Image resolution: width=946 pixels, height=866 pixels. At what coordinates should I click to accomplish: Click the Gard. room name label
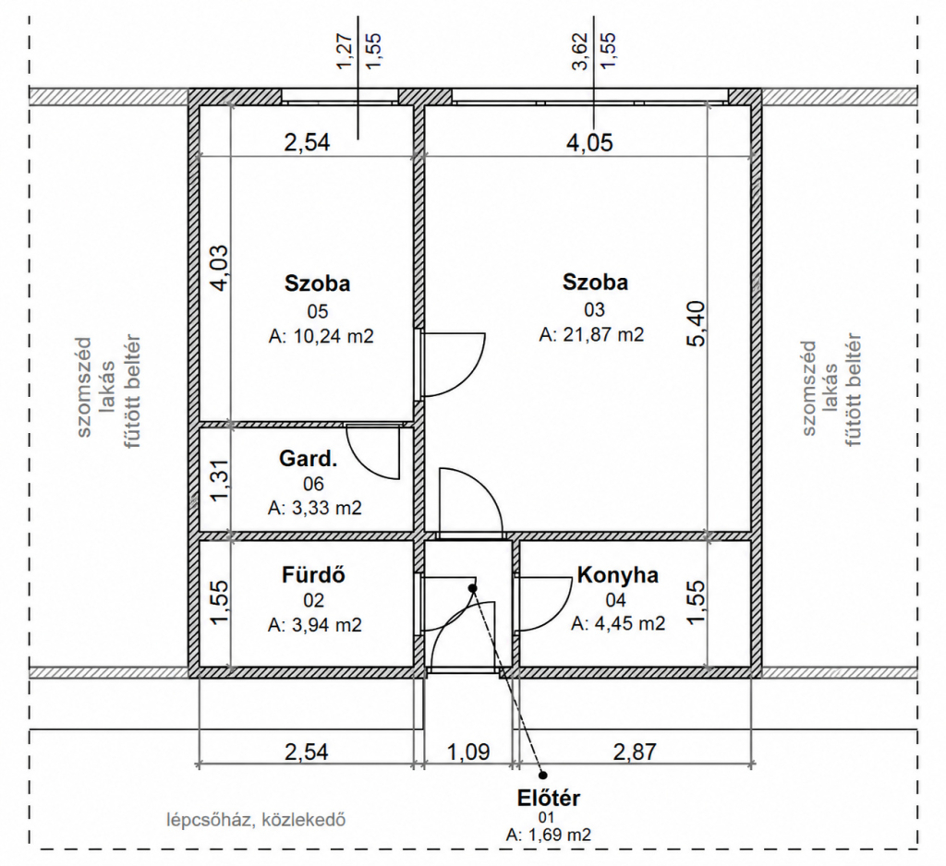click(309, 459)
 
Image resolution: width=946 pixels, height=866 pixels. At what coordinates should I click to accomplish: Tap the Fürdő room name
click(314, 575)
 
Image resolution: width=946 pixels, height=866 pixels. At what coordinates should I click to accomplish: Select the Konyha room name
click(618, 575)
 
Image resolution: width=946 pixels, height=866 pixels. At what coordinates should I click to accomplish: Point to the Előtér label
click(549, 798)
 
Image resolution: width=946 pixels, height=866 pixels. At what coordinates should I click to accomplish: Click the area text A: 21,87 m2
click(591, 334)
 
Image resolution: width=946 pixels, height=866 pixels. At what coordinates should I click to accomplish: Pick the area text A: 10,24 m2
click(321, 336)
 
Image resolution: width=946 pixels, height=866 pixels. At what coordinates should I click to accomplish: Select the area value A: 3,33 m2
click(315, 509)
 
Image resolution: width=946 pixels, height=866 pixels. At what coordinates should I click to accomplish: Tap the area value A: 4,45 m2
click(618, 623)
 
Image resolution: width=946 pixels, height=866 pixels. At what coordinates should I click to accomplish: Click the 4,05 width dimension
click(589, 142)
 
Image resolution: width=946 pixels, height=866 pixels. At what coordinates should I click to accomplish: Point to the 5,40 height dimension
click(696, 324)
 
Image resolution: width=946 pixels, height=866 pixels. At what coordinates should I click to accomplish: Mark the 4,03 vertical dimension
click(220, 268)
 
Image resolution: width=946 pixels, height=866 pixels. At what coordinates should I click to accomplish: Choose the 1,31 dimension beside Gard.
click(220, 480)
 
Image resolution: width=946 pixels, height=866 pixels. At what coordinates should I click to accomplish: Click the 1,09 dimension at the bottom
click(468, 752)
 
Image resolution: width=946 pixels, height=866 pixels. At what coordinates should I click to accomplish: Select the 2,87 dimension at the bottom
click(635, 752)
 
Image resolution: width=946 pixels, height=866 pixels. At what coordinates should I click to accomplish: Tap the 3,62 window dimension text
click(580, 52)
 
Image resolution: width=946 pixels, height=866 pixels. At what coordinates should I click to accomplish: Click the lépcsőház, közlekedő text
click(257, 820)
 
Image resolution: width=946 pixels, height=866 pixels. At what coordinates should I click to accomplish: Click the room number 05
click(318, 311)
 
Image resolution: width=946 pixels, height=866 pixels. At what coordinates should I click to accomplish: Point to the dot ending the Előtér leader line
click(543, 776)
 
